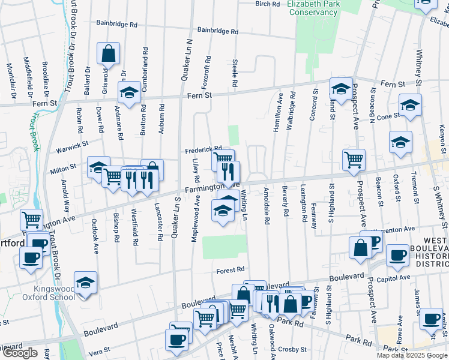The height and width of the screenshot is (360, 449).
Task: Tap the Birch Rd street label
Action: point(268,4)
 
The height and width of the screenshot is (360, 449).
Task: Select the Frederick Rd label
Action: point(203,149)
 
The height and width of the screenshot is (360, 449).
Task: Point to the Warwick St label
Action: point(73,144)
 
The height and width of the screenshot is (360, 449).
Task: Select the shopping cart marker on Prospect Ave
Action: point(354,159)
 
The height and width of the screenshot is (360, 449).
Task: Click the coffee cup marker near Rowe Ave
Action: point(430,318)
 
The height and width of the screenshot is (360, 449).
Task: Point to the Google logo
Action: point(20,353)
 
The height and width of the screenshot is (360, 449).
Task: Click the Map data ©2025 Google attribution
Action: point(412,355)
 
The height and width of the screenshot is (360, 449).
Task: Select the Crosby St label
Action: point(295,349)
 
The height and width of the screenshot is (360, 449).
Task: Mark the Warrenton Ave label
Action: point(393,229)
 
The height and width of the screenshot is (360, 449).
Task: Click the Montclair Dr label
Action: point(10,80)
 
